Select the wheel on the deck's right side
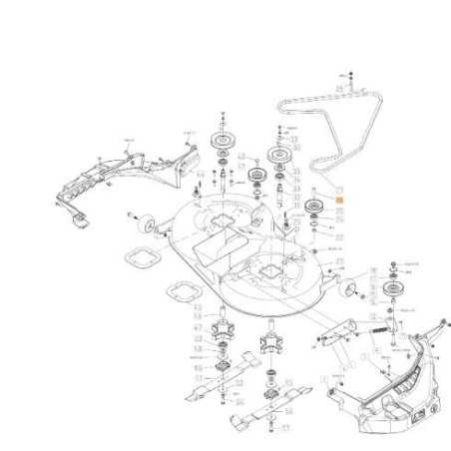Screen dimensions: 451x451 tap(351, 289)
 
